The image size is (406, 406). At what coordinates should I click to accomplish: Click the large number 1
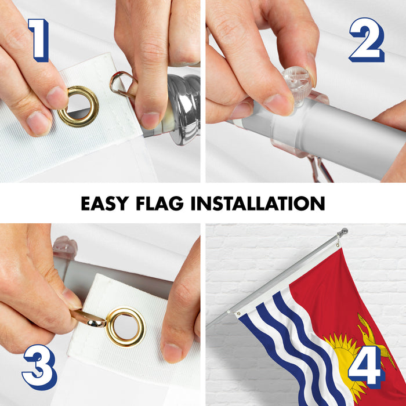coord(39,40)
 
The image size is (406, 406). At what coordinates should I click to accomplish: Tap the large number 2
coord(367,40)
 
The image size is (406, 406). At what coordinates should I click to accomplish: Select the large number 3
coord(39,367)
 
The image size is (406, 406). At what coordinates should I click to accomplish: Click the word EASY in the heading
coord(105,203)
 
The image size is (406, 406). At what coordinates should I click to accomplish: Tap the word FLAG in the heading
coord(159,203)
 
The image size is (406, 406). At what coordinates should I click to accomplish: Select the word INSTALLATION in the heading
coord(258,203)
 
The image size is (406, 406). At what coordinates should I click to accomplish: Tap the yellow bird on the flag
coord(373,336)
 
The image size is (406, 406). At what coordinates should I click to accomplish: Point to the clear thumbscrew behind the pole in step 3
coord(65,246)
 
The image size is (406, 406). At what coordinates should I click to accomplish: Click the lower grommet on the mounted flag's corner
coord(238,314)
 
